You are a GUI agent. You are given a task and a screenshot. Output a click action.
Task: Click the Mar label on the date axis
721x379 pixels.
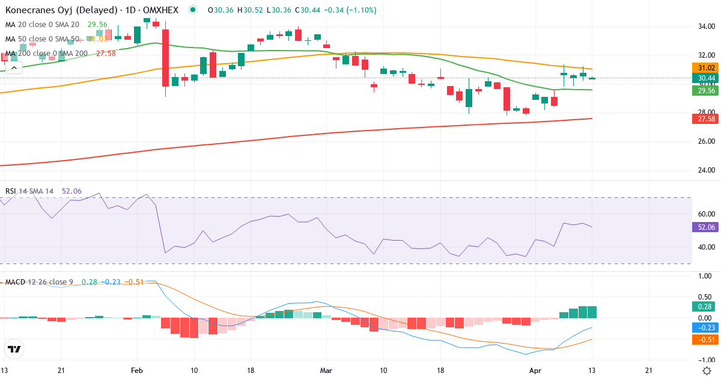326,371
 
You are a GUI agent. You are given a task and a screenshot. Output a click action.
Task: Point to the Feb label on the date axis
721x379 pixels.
137,371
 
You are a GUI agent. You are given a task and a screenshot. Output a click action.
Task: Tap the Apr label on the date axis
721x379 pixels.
535,371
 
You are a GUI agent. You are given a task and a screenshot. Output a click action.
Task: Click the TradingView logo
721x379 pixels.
14,349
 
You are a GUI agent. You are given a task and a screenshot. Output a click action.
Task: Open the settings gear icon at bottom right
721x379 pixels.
707,371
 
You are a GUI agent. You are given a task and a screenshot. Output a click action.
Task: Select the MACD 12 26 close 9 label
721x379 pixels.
38,282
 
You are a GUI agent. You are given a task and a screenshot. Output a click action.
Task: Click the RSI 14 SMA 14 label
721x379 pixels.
29,191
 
